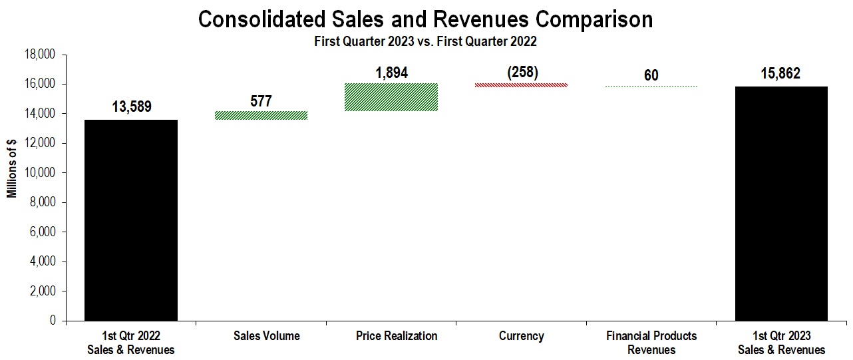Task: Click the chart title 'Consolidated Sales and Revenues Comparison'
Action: (x=426, y=19)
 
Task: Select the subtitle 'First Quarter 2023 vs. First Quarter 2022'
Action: (x=426, y=41)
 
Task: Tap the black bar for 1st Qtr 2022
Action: (x=131, y=220)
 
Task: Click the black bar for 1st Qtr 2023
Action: (x=781, y=203)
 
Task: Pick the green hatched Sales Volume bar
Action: (x=261, y=115)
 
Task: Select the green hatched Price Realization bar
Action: (x=391, y=97)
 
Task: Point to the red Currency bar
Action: (x=522, y=85)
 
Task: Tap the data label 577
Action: (x=261, y=102)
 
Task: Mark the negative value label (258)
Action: (x=522, y=73)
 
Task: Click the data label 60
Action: (x=651, y=75)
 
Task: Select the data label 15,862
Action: (x=781, y=74)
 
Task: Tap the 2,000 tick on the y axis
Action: (x=44, y=291)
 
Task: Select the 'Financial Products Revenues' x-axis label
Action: (x=651, y=343)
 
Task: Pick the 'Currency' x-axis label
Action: (x=522, y=336)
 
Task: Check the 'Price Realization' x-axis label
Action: (x=391, y=336)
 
